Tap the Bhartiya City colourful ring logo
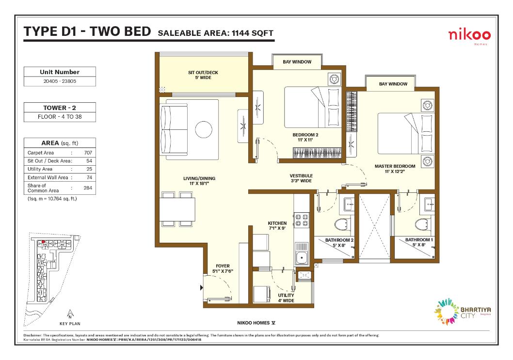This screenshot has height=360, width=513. [446, 311]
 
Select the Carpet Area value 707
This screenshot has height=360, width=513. [88, 153]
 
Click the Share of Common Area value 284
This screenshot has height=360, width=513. [88, 188]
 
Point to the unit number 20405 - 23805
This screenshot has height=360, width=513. [60, 81]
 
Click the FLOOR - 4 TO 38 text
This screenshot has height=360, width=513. [60, 117]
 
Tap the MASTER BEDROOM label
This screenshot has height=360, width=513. [395, 166]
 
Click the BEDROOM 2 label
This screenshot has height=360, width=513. [305, 135]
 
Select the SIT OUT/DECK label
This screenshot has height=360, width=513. [203, 73]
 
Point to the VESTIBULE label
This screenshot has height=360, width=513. [301, 176]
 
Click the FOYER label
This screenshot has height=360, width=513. [223, 266]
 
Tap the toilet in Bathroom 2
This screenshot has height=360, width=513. [341, 224]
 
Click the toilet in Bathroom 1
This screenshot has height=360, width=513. [422, 224]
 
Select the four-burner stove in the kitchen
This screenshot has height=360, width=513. [301, 219]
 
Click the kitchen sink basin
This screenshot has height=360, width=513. [301, 258]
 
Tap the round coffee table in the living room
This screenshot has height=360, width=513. [204, 129]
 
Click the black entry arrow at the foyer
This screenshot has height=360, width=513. [202, 288]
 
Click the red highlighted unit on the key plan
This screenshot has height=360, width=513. [43, 242]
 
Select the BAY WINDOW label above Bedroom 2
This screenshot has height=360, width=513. [297, 62]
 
